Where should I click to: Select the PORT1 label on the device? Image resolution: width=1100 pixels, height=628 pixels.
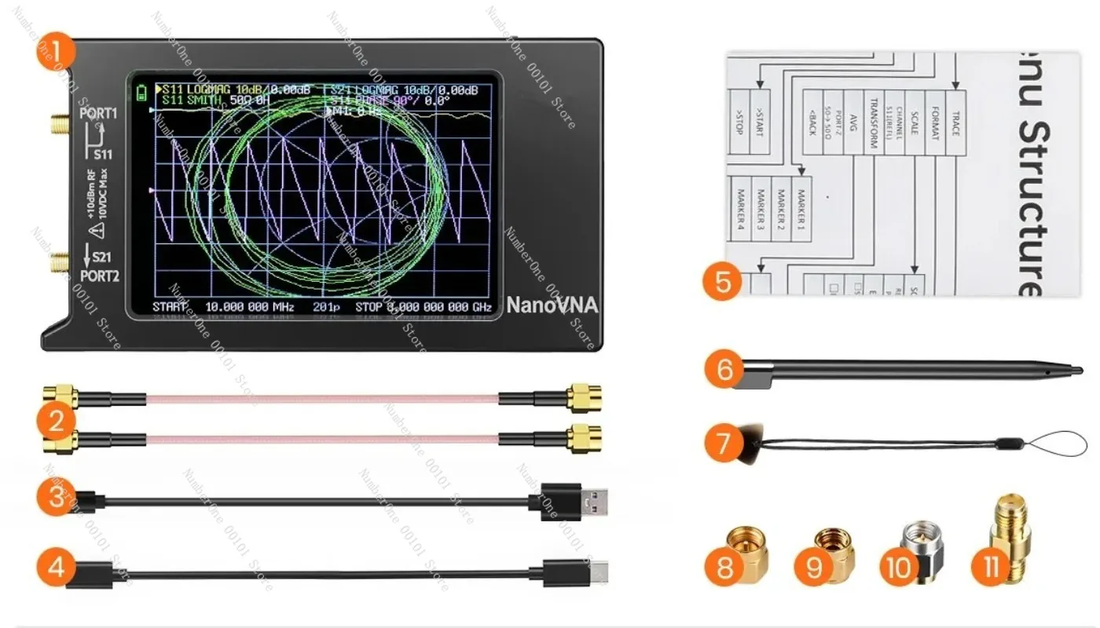[98, 113]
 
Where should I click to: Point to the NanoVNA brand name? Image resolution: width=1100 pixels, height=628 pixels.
[552, 305]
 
